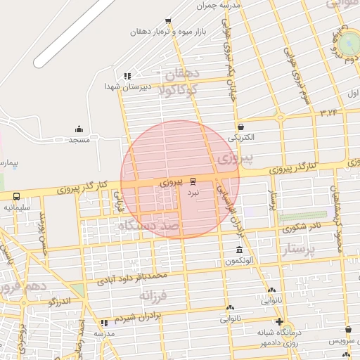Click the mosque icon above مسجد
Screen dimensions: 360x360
(x=79, y=129)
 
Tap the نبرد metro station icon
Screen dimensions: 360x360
(x=193, y=181)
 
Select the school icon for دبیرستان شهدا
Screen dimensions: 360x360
(x=127, y=76)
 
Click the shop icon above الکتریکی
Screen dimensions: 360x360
(x=241, y=127)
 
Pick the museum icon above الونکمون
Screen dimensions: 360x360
(x=240, y=250)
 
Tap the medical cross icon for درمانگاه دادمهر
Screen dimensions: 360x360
(x=279, y=321)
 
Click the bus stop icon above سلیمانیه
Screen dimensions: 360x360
(x=15, y=197)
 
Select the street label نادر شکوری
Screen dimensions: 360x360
(x=298, y=227)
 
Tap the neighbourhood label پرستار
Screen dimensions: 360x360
(x=300, y=249)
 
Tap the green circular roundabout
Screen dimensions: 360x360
(x=349, y=43)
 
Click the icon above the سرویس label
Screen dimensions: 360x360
(x=348, y=329)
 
